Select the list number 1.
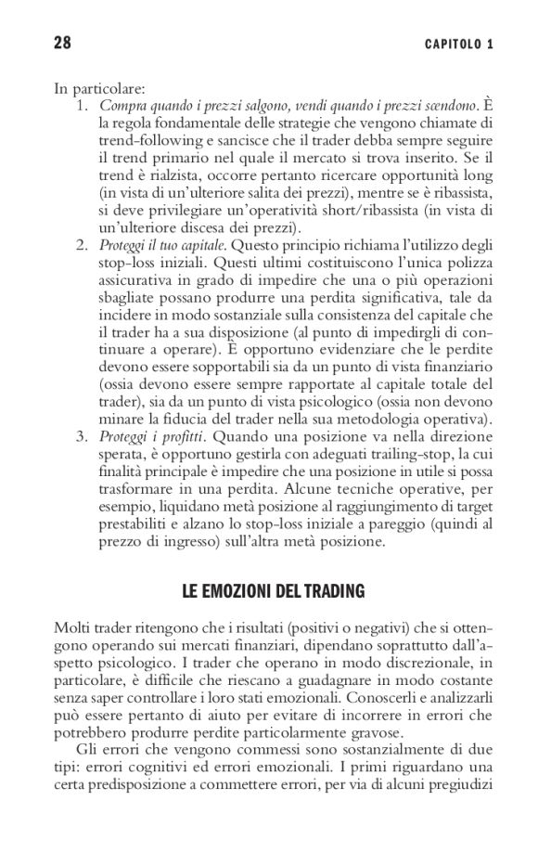pos(83,107)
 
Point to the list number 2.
pos(83,245)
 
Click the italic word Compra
pos(120,107)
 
